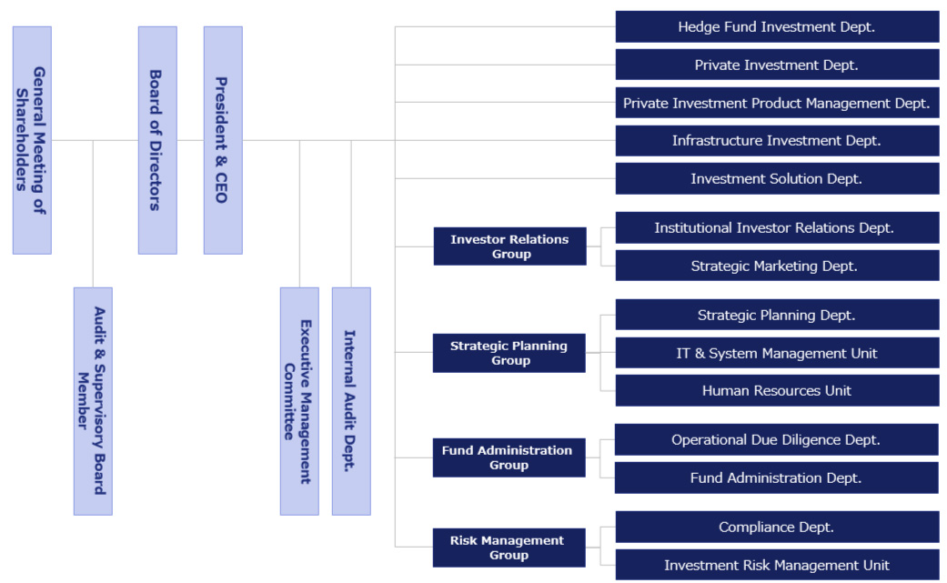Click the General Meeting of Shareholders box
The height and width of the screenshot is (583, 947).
[x=32, y=140]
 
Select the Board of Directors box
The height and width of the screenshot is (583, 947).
[x=157, y=140]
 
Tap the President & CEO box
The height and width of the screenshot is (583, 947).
[x=223, y=140]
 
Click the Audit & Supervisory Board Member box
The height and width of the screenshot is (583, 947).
[x=93, y=401]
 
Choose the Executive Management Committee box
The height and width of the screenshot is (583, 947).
[x=299, y=401]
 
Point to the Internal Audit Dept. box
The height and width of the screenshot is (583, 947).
[x=351, y=401]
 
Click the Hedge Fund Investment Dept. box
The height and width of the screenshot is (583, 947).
[x=777, y=27]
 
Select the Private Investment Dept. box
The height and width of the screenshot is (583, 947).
[x=777, y=65]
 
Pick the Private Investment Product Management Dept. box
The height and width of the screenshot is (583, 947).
[x=777, y=103]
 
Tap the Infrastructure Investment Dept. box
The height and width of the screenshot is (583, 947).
[x=777, y=141]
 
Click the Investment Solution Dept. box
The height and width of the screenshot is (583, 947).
[x=777, y=178]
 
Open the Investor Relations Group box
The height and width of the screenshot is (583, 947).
[x=509, y=246]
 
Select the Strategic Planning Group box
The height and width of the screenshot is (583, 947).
[x=509, y=353]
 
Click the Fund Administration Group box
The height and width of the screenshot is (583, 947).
[x=509, y=457]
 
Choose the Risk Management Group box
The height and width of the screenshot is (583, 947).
[x=509, y=548]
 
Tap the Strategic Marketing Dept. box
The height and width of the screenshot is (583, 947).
[x=777, y=266]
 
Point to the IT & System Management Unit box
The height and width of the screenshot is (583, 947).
[x=777, y=353]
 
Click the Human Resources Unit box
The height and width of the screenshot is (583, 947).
[x=777, y=390]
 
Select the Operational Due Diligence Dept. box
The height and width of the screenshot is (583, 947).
[x=776, y=439]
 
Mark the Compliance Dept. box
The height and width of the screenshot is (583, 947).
[x=777, y=527]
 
